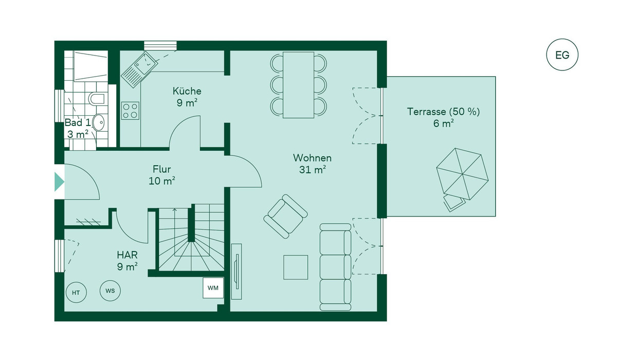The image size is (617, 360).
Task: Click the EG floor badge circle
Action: click(x=562, y=55)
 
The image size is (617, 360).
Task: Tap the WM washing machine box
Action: click(x=213, y=288)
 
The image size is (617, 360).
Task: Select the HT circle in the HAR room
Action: click(x=76, y=293)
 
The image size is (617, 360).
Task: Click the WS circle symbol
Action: click(x=110, y=291)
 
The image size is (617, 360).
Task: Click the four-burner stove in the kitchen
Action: click(x=130, y=111)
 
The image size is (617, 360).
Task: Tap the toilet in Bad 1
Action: click(x=96, y=98)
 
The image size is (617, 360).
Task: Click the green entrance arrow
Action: click(x=59, y=182)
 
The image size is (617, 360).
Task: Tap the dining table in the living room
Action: click(x=299, y=85)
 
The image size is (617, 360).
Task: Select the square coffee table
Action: click(x=296, y=267)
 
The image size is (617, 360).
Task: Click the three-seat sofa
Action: click(x=335, y=266)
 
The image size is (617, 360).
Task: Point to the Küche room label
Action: click(x=187, y=91)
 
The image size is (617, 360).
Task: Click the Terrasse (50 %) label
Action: click(x=443, y=111)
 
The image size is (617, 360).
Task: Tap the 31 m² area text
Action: click(x=312, y=170)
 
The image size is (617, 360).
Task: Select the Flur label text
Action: click(x=161, y=169)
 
